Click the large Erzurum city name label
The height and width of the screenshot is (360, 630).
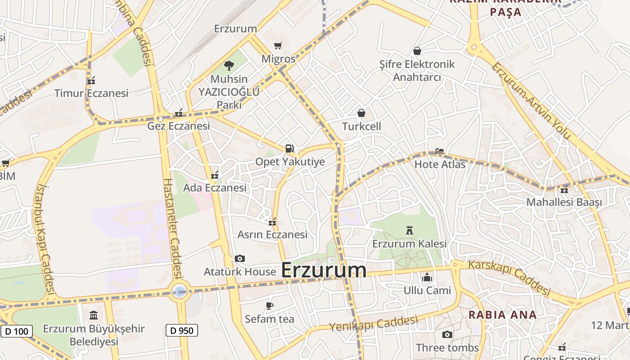[x=324, y=270]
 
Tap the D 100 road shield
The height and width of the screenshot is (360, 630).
[x=17, y=332]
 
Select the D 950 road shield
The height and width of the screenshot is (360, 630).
[x=182, y=331]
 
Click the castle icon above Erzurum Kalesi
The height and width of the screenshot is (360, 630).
[x=409, y=230]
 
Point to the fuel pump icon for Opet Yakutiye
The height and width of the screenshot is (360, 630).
[x=290, y=148]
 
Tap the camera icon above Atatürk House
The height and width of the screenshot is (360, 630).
[x=240, y=258]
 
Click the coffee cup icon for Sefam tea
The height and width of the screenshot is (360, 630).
[x=270, y=306]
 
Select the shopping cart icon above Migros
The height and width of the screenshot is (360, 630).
[x=278, y=45]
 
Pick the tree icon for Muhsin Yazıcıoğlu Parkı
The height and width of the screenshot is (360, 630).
[x=229, y=66]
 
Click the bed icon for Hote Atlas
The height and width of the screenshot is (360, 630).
[x=439, y=151]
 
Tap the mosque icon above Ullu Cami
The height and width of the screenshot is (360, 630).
[x=427, y=277]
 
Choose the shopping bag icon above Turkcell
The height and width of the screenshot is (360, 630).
[x=361, y=113]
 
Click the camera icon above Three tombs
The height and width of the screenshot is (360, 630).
[x=447, y=334]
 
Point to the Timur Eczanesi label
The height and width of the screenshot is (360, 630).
[x=91, y=93]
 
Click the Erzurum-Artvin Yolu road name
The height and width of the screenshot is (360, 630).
[x=531, y=102]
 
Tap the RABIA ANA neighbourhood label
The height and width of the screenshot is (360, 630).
[x=503, y=315]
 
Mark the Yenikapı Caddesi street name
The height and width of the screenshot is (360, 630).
[x=373, y=324]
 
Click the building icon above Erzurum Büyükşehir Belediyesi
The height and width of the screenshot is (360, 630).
[x=94, y=315]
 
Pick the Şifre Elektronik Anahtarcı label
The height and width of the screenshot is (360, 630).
[x=417, y=71]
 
